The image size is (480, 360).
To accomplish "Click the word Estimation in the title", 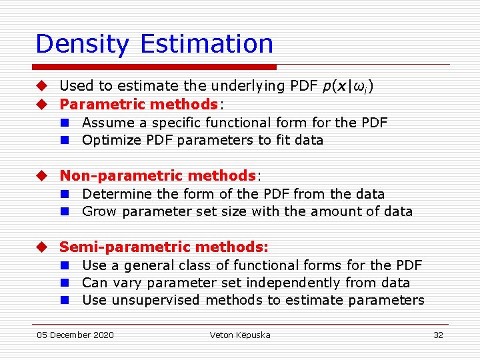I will click(x=207, y=44).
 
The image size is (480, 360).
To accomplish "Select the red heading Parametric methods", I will click(x=139, y=104).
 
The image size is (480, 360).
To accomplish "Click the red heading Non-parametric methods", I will click(x=158, y=175).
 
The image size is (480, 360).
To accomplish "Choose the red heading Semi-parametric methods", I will click(x=164, y=247).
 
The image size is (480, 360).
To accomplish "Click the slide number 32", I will click(x=438, y=335).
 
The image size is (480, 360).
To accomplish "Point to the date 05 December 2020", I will click(x=75, y=335).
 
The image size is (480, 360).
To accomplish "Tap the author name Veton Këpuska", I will click(x=240, y=335).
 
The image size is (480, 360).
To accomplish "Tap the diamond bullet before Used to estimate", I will click(x=41, y=86).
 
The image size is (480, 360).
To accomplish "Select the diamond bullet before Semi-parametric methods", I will click(x=41, y=247).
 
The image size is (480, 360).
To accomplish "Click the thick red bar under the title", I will click(x=155, y=67).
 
